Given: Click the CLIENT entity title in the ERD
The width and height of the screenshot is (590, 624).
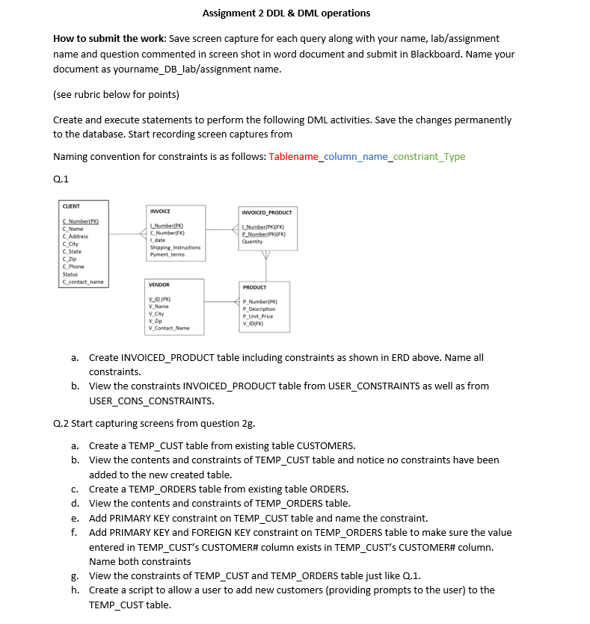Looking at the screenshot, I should [x=71, y=206].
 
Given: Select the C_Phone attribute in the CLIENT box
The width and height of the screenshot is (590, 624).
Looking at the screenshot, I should [x=73, y=267].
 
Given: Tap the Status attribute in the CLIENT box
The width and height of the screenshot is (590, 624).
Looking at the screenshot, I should [x=70, y=274].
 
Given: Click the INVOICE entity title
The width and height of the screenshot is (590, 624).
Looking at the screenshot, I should [x=162, y=211].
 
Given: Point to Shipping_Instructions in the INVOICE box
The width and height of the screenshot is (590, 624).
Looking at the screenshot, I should [x=176, y=247].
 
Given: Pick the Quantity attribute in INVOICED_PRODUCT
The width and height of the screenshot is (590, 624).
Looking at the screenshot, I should [x=253, y=241].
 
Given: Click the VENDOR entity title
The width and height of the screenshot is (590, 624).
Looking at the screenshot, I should [x=160, y=285].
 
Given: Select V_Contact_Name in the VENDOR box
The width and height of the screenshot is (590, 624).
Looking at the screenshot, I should [x=170, y=328].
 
